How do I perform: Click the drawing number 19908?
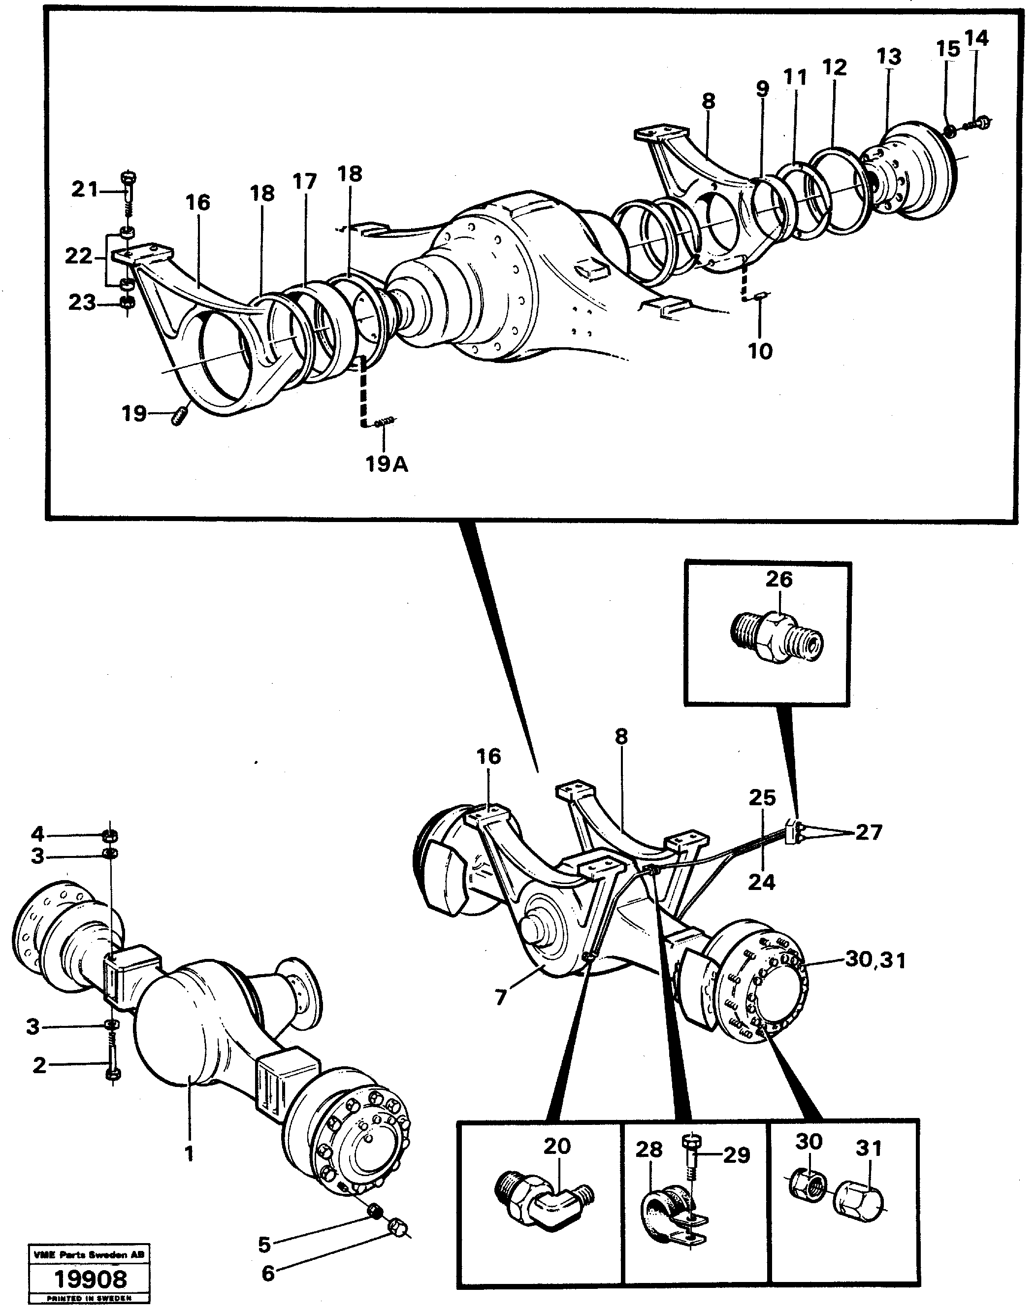click(x=91, y=1280)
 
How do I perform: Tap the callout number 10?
click(x=761, y=351)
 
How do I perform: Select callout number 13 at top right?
click(x=889, y=57)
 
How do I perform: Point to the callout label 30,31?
click(x=876, y=960)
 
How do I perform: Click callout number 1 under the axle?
click(x=189, y=1153)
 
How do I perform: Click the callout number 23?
click(x=82, y=302)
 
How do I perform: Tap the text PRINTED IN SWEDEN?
click(x=89, y=1299)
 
